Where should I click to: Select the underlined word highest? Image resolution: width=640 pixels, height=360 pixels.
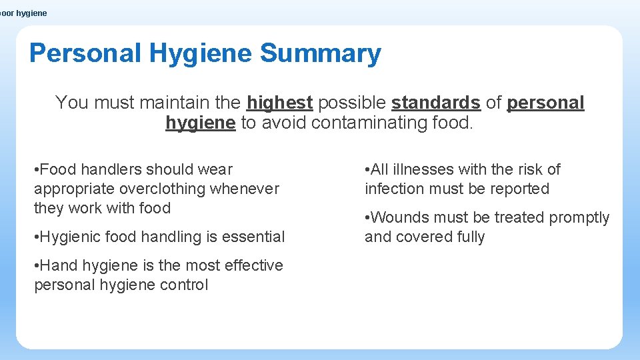(x=279, y=103)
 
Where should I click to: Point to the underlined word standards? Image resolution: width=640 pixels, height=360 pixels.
(x=436, y=103)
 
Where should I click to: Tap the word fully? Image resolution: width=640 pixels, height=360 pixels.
(x=469, y=237)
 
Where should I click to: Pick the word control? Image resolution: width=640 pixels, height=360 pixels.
(x=185, y=285)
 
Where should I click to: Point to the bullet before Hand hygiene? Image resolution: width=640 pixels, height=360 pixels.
(x=37, y=265)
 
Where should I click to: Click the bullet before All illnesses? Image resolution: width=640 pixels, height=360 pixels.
(x=367, y=169)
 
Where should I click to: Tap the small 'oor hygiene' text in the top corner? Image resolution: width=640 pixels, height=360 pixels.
(x=24, y=13)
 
